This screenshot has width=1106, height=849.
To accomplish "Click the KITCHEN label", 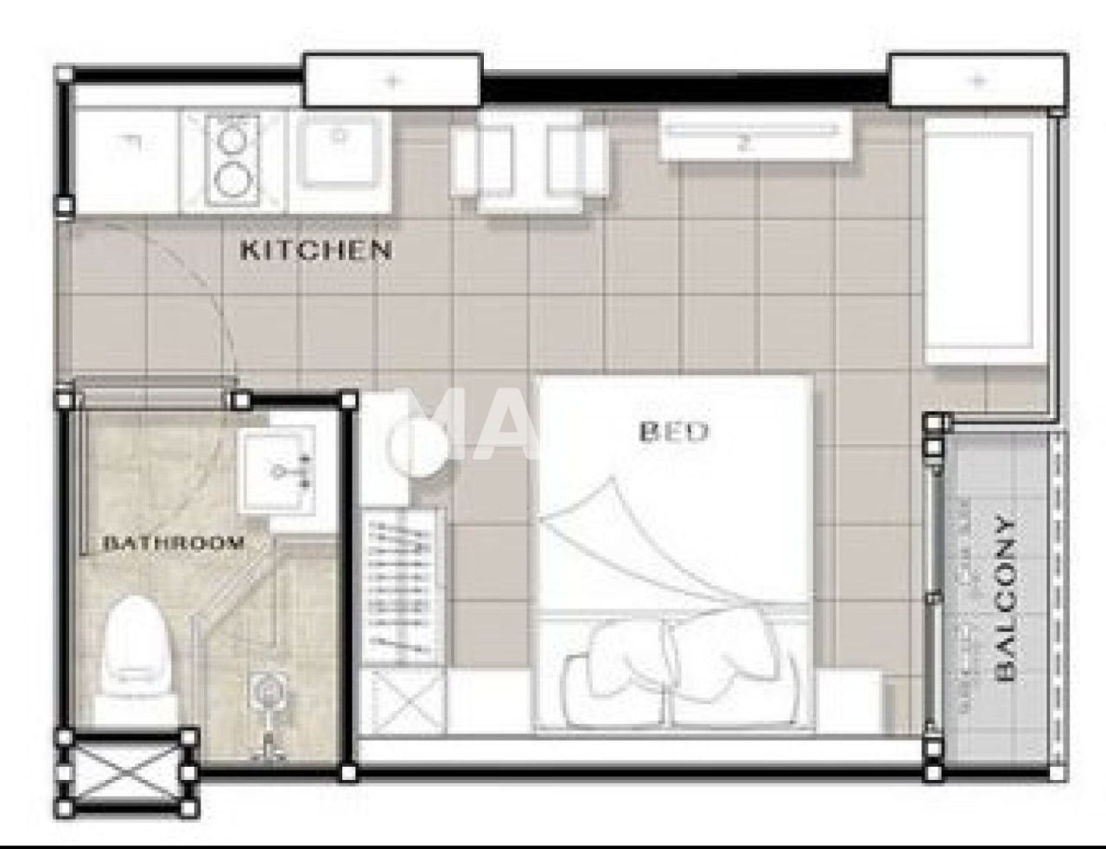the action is tap(315, 250).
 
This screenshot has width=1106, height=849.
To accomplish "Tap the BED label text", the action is tap(673, 432).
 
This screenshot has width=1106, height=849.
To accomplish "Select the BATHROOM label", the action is tap(174, 543).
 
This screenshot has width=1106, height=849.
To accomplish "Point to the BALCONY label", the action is tap(1004, 599).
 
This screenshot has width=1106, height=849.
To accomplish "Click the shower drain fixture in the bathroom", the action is tap(268, 691).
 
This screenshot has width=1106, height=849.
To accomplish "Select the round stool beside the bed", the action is tap(418, 448).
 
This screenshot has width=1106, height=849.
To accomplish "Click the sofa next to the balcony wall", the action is tap(985, 241).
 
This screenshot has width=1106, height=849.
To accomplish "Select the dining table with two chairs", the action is tap(530, 162).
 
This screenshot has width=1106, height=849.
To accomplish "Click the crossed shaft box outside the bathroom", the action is tap(126, 773).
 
